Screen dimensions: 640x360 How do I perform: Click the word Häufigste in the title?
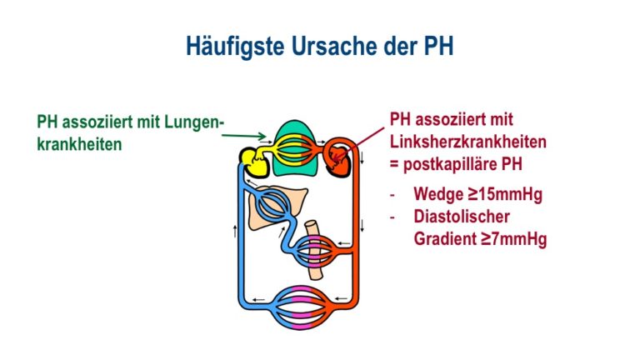pyautogui.click(x=235, y=46)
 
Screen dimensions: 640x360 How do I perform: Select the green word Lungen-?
pyautogui.click(x=194, y=122)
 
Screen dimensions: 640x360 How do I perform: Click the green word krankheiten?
pyautogui.click(x=79, y=144)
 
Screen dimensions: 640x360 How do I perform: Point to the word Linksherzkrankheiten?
pyautogui.click(x=468, y=142)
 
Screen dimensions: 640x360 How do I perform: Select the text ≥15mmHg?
pyautogui.click(x=504, y=194)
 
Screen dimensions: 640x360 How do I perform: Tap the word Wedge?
pyautogui.click(x=438, y=195)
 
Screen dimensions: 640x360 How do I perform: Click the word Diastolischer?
pyautogui.click(x=462, y=217)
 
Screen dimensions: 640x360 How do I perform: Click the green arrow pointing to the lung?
pyautogui.click(x=244, y=136)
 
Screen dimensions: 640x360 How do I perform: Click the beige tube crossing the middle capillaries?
pyautogui.click(x=314, y=250)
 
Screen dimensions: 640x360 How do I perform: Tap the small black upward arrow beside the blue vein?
pyautogui.click(x=235, y=231)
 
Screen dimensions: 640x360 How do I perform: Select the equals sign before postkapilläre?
pyautogui.click(x=394, y=164)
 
